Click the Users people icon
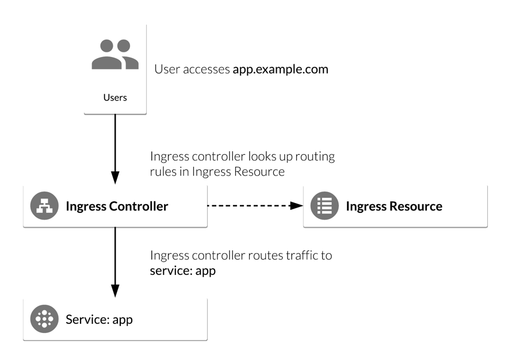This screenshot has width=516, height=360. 115,55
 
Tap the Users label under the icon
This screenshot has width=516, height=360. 115,97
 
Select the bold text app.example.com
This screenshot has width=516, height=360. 280,70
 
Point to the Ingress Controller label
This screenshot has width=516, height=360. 117,206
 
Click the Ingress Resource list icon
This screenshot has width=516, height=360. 324,206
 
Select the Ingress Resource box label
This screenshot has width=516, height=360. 393,206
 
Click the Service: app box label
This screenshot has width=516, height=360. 99,319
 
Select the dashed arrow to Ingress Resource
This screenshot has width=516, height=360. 253,206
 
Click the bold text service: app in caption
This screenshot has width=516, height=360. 182,270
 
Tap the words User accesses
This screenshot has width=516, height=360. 192,70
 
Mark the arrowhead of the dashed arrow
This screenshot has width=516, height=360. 297,206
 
